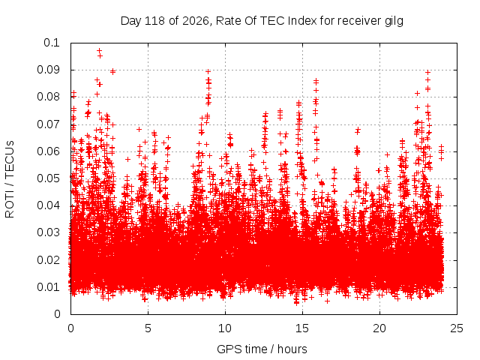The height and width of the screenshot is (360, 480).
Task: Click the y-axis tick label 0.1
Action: click(x=52, y=43)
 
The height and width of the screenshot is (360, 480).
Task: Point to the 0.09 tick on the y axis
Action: click(x=48, y=70)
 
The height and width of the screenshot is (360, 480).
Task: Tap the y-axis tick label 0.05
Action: click(x=48, y=178)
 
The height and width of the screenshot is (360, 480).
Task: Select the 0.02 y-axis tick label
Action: click(x=48, y=260)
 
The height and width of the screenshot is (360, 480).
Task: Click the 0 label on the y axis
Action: click(x=57, y=314)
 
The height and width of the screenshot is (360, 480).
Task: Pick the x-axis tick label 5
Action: click(x=148, y=328)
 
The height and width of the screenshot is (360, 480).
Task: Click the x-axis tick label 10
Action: click(x=225, y=328)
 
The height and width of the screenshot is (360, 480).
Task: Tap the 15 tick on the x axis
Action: click(x=302, y=328)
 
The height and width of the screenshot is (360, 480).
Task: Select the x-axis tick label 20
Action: click(x=379, y=328)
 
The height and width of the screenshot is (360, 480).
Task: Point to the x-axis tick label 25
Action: click(x=457, y=328)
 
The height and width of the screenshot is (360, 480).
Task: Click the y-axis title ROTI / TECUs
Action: click(x=10, y=179)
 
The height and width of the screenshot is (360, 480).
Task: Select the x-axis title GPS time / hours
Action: click(x=262, y=349)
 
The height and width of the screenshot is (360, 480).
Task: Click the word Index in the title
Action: click(x=302, y=21)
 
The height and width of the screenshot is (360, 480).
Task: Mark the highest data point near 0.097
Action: click(x=99, y=50)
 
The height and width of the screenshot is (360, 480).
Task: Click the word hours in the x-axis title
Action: click(x=292, y=349)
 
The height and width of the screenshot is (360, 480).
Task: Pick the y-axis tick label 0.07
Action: click(x=48, y=124)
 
